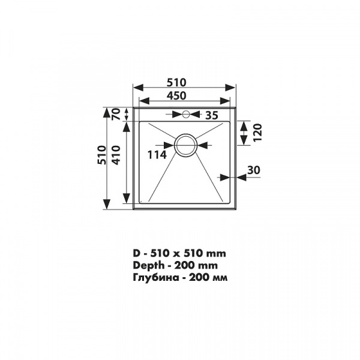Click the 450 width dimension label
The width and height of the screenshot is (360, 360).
click(176, 96)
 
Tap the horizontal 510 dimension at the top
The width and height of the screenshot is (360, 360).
click(176, 83)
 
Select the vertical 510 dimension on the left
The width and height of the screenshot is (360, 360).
click(102, 155)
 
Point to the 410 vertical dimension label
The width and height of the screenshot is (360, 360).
click(116, 155)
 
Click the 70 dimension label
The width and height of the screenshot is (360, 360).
click(116, 114)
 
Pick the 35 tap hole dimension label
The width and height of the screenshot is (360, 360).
click(211, 115)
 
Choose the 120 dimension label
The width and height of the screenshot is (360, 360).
click(257, 133)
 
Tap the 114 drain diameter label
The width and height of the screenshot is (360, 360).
click(157, 155)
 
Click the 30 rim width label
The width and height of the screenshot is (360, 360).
click(254, 170)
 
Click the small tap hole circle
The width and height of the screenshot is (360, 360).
click(186, 114)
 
